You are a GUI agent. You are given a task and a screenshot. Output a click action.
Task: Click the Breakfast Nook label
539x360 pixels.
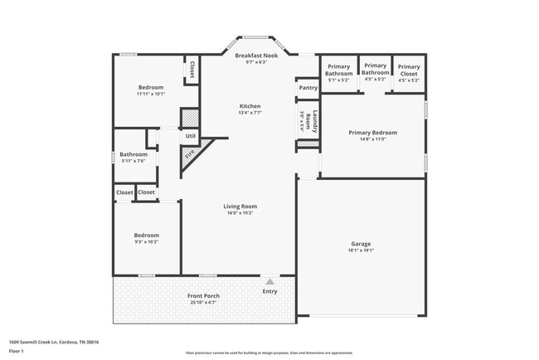pos(250,56)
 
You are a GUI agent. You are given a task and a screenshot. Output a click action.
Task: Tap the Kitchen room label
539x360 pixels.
pos(250,106)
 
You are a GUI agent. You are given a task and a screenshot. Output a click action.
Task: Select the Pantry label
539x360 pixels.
pos(308,87)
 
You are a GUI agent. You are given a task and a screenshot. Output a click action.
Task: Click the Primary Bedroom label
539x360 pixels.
pos(372,133)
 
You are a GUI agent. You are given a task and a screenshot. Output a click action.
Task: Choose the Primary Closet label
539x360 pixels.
pos(409,70)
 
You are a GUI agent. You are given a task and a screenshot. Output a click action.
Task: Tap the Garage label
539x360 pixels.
pos(361,244)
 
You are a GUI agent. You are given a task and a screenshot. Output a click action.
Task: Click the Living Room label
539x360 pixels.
pos(240,206)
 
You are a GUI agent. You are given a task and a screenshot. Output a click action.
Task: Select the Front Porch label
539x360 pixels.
pos(203,295)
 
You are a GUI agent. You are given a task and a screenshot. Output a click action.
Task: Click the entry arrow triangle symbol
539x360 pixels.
pos(269,282)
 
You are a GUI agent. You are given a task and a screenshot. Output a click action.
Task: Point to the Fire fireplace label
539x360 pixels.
pos(190,153)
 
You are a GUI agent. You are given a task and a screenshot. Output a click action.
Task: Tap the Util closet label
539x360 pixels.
pos(190,135)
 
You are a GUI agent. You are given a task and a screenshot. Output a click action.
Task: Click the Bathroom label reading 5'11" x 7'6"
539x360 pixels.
pos(134,154)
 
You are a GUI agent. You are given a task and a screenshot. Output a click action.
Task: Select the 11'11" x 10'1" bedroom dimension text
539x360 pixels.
pos(151,94)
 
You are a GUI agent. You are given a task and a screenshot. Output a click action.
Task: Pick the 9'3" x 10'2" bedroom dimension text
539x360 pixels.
pos(146,241)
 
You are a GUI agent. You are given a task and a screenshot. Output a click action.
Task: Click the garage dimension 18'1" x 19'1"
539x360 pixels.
pos(361,251)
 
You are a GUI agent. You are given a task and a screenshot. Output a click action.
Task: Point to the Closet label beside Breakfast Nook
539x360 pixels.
pos(192,70)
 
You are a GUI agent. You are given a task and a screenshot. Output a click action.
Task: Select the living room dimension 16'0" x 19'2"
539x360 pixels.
pos(240,212)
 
